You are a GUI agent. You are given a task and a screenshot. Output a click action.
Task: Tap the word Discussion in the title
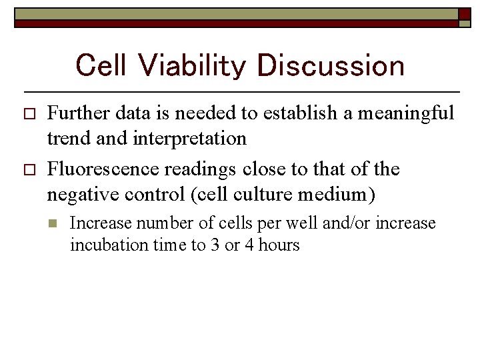[330, 66]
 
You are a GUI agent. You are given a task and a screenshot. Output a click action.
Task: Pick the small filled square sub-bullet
[55, 223]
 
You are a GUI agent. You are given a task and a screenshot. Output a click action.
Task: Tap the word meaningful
[406, 113]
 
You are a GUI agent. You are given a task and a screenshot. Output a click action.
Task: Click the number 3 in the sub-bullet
[214, 245]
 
